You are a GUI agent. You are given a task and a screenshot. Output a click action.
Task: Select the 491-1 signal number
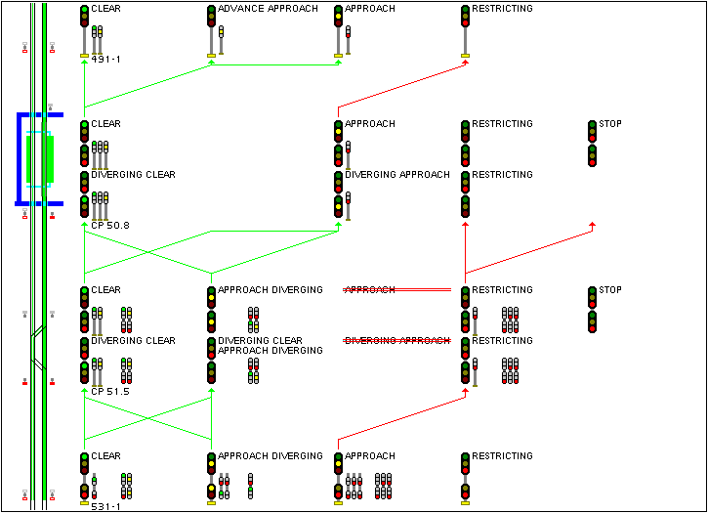105,60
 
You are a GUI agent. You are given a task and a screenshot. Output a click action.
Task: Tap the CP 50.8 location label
110,226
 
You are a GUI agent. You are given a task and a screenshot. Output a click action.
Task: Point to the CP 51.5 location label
110,392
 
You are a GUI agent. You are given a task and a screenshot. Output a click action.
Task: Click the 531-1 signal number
105,506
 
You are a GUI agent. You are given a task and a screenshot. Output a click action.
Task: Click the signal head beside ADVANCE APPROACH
211,18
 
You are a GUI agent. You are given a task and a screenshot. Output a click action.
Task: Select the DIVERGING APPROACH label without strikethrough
397,175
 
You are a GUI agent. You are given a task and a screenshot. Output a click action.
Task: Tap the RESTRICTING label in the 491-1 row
502,9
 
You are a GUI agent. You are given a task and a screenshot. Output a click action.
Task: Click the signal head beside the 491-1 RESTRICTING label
465,18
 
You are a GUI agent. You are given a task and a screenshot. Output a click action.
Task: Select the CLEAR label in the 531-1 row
105,456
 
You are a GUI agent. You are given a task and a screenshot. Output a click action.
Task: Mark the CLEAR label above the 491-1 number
105,9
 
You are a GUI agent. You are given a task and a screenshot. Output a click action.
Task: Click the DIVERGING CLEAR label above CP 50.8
133,175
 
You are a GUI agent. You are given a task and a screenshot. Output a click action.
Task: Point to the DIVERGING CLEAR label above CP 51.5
133,341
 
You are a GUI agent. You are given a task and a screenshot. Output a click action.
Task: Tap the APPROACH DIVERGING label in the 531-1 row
270,456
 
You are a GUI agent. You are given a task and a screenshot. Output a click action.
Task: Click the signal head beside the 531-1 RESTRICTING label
465,465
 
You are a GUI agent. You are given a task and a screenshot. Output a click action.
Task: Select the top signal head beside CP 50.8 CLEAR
85,133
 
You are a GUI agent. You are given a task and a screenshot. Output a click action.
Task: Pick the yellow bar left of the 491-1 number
84,57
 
